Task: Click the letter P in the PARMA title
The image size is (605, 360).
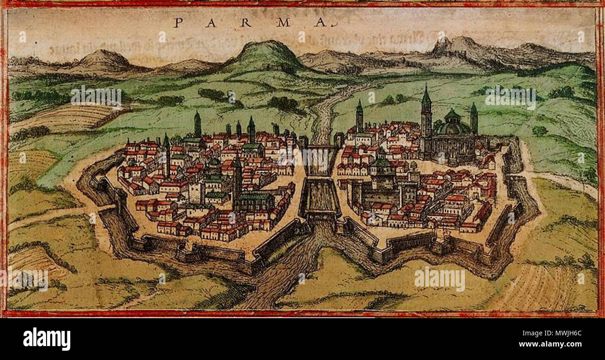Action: pos(177,22)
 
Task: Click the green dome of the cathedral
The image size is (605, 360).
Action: pos(452,124)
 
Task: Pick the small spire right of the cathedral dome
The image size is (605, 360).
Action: pos(474,117)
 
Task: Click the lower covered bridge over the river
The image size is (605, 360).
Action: pos(321,198)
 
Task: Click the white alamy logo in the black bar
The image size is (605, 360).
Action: pos(47,339)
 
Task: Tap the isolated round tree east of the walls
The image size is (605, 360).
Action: pos(539,131)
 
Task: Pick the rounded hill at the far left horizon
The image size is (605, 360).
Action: pos(103,59)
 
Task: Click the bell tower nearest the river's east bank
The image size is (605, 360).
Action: pos(359,116)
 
